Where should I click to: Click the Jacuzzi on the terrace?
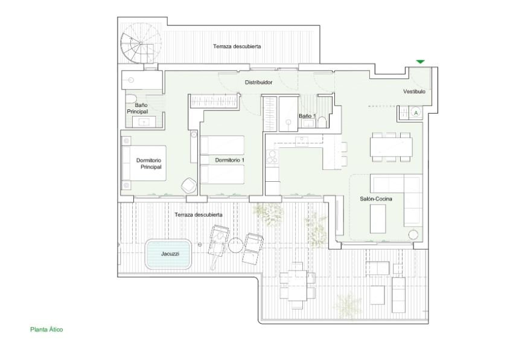168,254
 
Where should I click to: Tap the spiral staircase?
141,43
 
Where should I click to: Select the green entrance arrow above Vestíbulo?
421,62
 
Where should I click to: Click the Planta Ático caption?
46,330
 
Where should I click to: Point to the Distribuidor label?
258,83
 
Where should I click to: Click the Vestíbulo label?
414,92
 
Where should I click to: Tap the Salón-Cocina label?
376,199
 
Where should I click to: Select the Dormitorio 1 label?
230,160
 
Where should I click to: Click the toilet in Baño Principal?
131,99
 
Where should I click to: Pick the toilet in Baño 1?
322,122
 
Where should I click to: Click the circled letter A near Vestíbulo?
416,113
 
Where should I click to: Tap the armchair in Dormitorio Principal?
189,185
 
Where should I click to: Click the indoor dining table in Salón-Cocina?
391,147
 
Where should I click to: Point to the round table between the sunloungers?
235,245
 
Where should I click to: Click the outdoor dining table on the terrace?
297,285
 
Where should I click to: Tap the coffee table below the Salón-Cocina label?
378,219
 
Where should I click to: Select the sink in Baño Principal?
144,122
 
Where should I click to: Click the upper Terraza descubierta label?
237,47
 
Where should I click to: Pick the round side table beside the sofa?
413,234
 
